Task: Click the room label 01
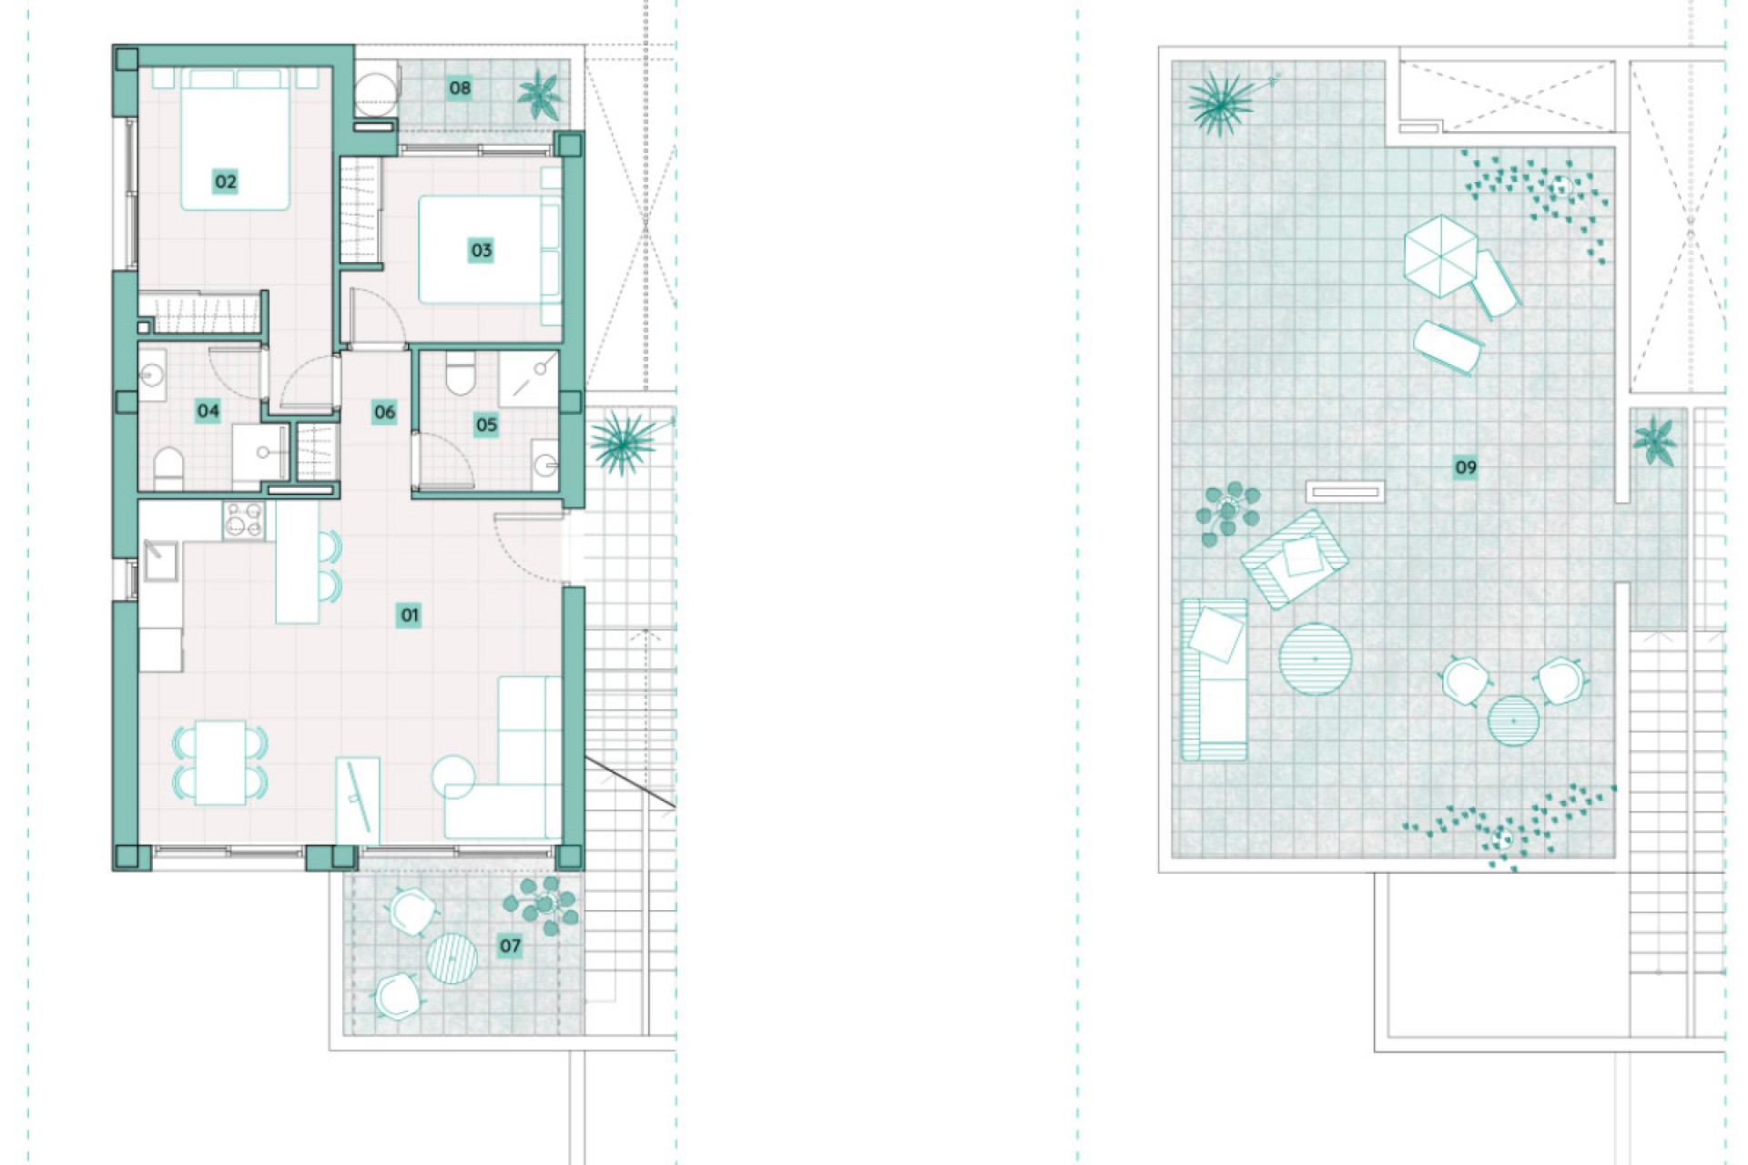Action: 410,615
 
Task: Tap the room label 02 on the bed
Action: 225,181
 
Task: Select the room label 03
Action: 481,250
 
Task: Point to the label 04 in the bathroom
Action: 208,410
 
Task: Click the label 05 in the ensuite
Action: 486,424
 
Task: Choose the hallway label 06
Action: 384,412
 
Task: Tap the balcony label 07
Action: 510,946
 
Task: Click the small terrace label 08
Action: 460,88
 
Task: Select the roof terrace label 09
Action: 1465,468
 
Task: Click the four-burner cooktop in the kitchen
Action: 244,522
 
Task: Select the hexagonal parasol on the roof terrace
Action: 1439,255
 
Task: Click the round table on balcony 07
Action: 452,957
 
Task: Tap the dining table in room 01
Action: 220,763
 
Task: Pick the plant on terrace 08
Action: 539,94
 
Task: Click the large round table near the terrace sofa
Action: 1315,659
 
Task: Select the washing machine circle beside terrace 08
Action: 375,88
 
